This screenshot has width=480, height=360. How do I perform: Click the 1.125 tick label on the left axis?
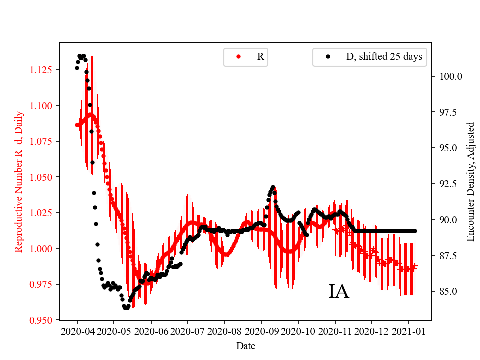coord(44,69)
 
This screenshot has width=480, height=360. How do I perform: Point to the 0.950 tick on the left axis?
coord(44,320)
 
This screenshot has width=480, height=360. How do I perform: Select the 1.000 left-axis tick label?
coord(44,248)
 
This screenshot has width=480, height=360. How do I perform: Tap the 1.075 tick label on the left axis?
coord(44,141)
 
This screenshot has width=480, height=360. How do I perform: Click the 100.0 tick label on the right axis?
coord(451,77)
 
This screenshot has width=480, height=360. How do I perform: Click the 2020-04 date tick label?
coord(77,331)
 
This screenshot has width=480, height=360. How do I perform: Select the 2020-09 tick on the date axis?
coord(262,331)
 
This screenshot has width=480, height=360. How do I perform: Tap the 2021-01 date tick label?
coord(409,331)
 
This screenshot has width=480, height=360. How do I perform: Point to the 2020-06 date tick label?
coord(151,331)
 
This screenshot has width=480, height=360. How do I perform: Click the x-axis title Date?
coord(246,345)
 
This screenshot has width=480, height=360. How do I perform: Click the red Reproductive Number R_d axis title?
coord(19,181)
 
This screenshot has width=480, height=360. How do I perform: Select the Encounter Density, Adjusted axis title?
coord(470,181)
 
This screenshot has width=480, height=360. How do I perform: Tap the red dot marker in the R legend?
coord(238,57)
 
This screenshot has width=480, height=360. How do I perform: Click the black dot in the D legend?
coord(328,57)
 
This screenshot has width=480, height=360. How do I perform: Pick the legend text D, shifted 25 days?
coord(384,57)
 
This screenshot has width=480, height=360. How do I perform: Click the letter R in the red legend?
coord(260,57)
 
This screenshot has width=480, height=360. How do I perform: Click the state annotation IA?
coord(338,292)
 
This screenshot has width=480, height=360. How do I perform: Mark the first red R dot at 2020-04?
coord(77,125)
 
